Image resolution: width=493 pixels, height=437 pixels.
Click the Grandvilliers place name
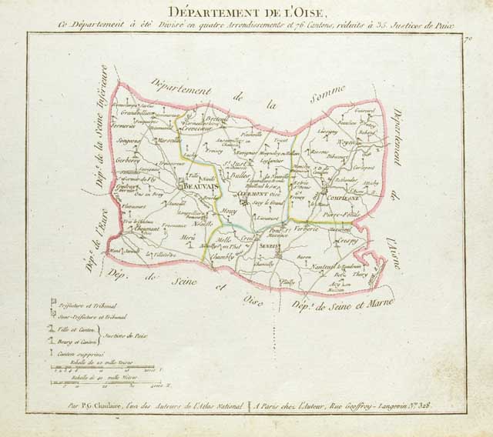(139, 113)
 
